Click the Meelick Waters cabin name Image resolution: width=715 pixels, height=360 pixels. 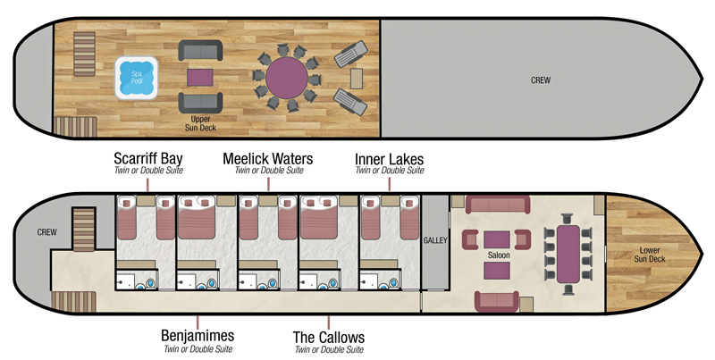tap(268, 159)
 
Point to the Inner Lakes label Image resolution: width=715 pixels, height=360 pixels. tap(389, 159)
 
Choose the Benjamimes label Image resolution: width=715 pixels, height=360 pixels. tap(198, 336)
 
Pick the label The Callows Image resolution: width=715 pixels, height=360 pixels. tap(329, 338)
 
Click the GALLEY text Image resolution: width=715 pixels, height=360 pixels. tap(434, 240)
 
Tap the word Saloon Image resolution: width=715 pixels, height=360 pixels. tap(499, 255)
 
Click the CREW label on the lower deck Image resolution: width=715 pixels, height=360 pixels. tap(46, 232)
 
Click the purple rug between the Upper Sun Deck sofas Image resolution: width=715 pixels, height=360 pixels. tap(199, 78)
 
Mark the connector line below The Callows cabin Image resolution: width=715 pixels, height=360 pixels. tap(329, 320)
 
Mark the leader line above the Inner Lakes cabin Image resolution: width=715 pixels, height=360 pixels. tap(390, 182)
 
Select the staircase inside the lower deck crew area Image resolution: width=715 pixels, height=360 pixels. tap(82, 228)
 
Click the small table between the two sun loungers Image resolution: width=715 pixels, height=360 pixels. tap(357, 78)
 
